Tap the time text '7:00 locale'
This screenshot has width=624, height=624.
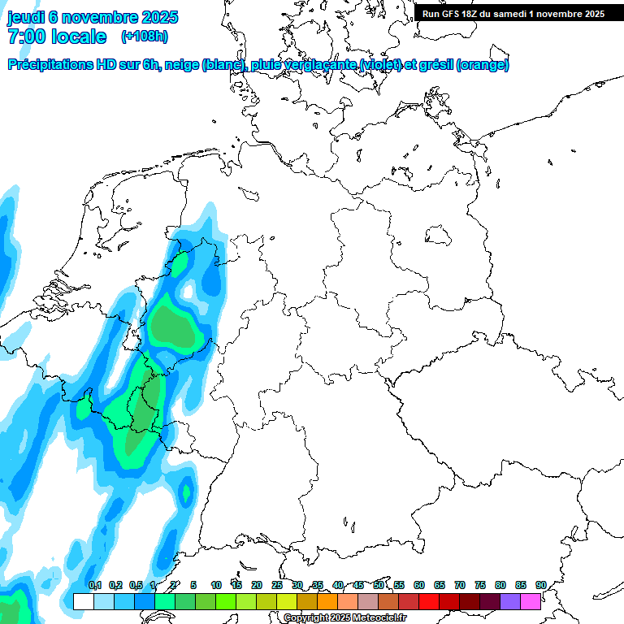(x=57, y=37)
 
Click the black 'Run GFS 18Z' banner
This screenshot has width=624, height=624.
(x=513, y=14)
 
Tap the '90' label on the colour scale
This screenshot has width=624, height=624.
(x=540, y=585)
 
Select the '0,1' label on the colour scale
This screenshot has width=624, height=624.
(x=95, y=585)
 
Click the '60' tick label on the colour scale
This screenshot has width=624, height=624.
(x=419, y=585)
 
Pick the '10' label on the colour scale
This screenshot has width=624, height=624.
(x=216, y=585)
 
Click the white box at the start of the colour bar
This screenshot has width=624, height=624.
(x=83, y=602)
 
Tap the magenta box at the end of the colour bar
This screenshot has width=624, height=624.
(x=531, y=602)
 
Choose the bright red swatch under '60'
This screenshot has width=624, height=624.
(x=429, y=602)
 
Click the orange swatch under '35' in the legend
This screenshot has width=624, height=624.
(x=327, y=602)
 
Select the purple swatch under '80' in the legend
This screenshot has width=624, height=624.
(x=510, y=602)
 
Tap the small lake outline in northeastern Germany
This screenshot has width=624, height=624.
(x=440, y=236)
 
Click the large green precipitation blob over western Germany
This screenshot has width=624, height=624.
(x=175, y=326)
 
